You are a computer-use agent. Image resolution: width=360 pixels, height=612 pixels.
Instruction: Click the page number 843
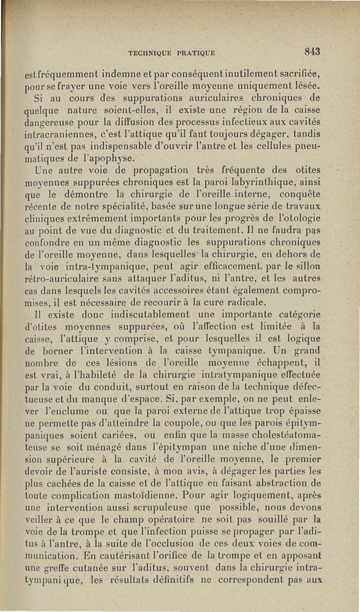pos(311,52)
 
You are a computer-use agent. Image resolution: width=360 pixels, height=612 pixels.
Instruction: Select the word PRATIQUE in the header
pos(194,53)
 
